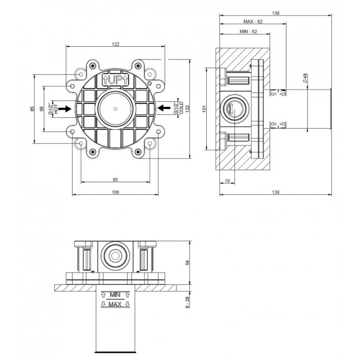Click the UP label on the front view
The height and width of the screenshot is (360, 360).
tap(116, 80)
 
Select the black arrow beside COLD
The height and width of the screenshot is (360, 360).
tap(164, 107)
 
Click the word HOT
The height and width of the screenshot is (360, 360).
tap(56, 109)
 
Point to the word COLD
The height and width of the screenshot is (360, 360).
tap(181, 108)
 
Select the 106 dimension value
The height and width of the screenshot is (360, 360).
tap(115, 192)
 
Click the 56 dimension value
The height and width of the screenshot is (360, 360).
tap(42, 109)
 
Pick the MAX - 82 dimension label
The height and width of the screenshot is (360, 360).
tap(253, 22)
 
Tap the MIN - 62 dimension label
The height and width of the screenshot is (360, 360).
tap(248, 31)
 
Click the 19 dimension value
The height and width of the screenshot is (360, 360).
tap(227, 181)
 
